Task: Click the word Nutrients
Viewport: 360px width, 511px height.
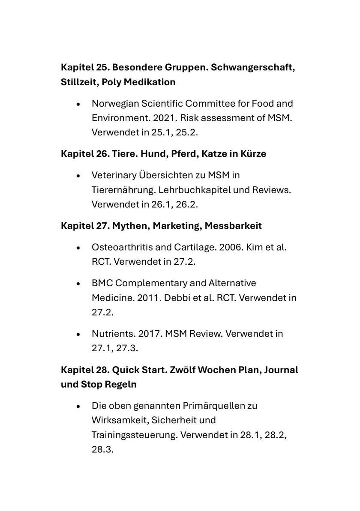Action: click(x=110, y=333)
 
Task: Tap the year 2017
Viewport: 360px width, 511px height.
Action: click(x=146, y=333)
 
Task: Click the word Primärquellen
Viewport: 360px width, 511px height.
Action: click(x=208, y=405)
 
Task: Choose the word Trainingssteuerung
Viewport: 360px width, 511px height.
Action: click(x=134, y=435)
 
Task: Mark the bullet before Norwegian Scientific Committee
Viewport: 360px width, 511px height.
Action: click(x=78, y=104)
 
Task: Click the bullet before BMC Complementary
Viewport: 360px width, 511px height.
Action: click(x=78, y=284)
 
